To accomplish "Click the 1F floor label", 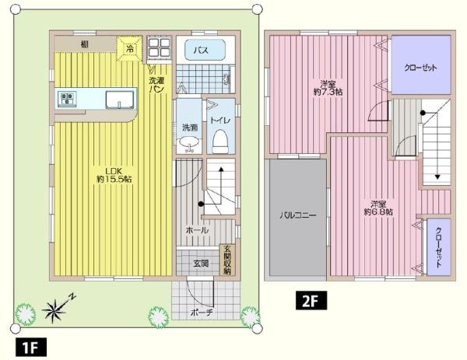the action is click(x=31, y=347).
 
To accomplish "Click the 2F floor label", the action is click(x=311, y=300).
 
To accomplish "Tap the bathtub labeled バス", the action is click(x=205, y=50).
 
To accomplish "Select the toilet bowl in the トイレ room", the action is click(x=220, y=141).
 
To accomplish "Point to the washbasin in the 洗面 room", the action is click(x=188, y=142).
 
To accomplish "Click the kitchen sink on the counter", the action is click(x=120, y=100).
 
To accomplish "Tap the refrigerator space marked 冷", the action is click(x=129, y=48).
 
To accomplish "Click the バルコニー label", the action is click(x=297, y=215).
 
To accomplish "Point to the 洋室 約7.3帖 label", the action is click(x=328, y=87).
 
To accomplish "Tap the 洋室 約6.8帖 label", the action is click(x=378, y=208).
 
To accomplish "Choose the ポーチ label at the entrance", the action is click(x=202, y=313).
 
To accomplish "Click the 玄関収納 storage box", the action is click(x=227, y=260).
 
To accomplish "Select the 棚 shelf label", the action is click(x=85, y=44).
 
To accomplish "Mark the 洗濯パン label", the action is click(x=156, y=85).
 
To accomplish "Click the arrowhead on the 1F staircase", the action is click(x=221, y=170).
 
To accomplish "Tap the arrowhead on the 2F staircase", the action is click(x=437, y=177).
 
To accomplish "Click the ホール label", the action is click(x=197, y=230).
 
